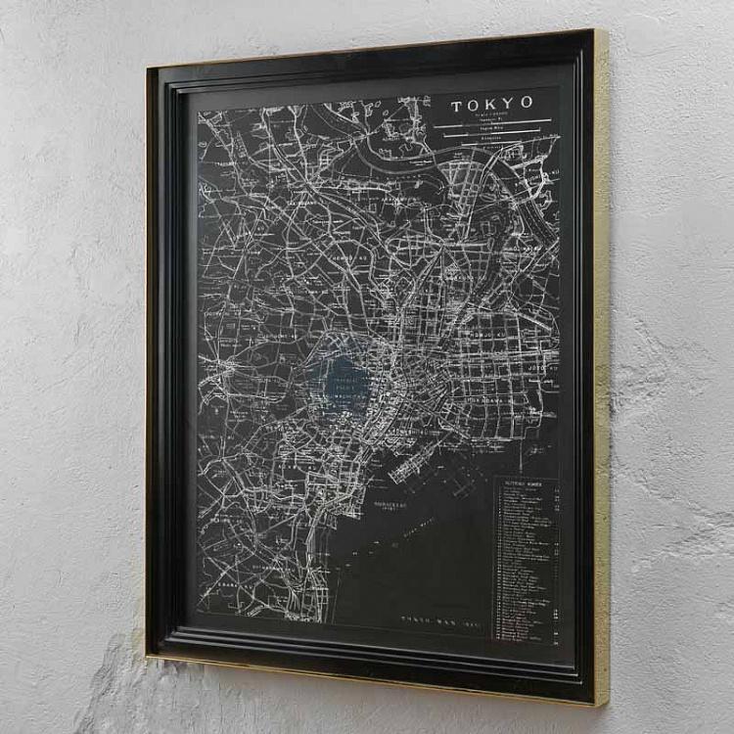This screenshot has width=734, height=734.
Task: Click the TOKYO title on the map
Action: click(492, 103)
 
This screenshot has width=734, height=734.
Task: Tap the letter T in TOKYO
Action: click(457, 104)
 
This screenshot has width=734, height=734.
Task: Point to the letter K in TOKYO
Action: click(492, 103)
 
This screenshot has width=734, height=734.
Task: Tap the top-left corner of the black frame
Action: click(149, 69)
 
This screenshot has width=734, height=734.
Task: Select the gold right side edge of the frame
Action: click(602, 372)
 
